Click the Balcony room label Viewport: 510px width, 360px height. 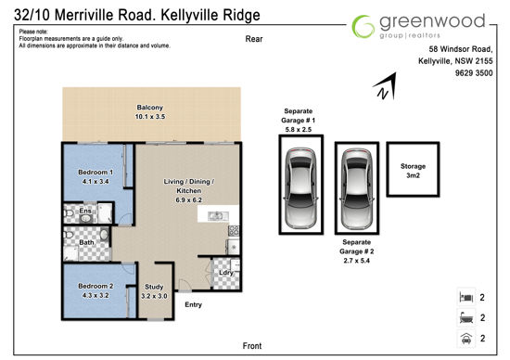click(x=149, y=107)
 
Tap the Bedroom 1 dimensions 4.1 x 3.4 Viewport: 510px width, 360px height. click(x=96, y=181)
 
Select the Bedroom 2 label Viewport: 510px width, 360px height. click(x=96, y=286)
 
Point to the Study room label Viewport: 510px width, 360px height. click(x=154, y=287)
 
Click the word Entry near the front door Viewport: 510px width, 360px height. click(x=193, y=304)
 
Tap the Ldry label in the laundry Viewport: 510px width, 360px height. click(x=225, y=273)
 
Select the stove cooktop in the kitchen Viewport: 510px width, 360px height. click(x=234, y=230)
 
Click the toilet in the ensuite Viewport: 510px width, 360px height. click(x=69, y=213)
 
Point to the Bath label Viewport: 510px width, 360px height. click(x=86, y=242)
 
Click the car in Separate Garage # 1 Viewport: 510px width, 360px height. click(x=300, y=188)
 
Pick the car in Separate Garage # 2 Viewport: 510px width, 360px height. click(x=357, y=188)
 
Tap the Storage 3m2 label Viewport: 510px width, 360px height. click(x=413, y=171)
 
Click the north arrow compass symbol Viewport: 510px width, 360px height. click(x=386, y=86)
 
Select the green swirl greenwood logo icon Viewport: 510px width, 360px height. click(x=363, y=26)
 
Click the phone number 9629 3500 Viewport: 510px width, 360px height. click(x=474, y=73)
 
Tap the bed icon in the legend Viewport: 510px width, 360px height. click(x=466, y=297)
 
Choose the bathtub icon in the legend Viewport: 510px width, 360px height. click(x=466, y=317)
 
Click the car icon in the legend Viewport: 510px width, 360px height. click(x=466, y=339)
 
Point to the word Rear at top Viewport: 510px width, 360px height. click(x=254, y=39)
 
